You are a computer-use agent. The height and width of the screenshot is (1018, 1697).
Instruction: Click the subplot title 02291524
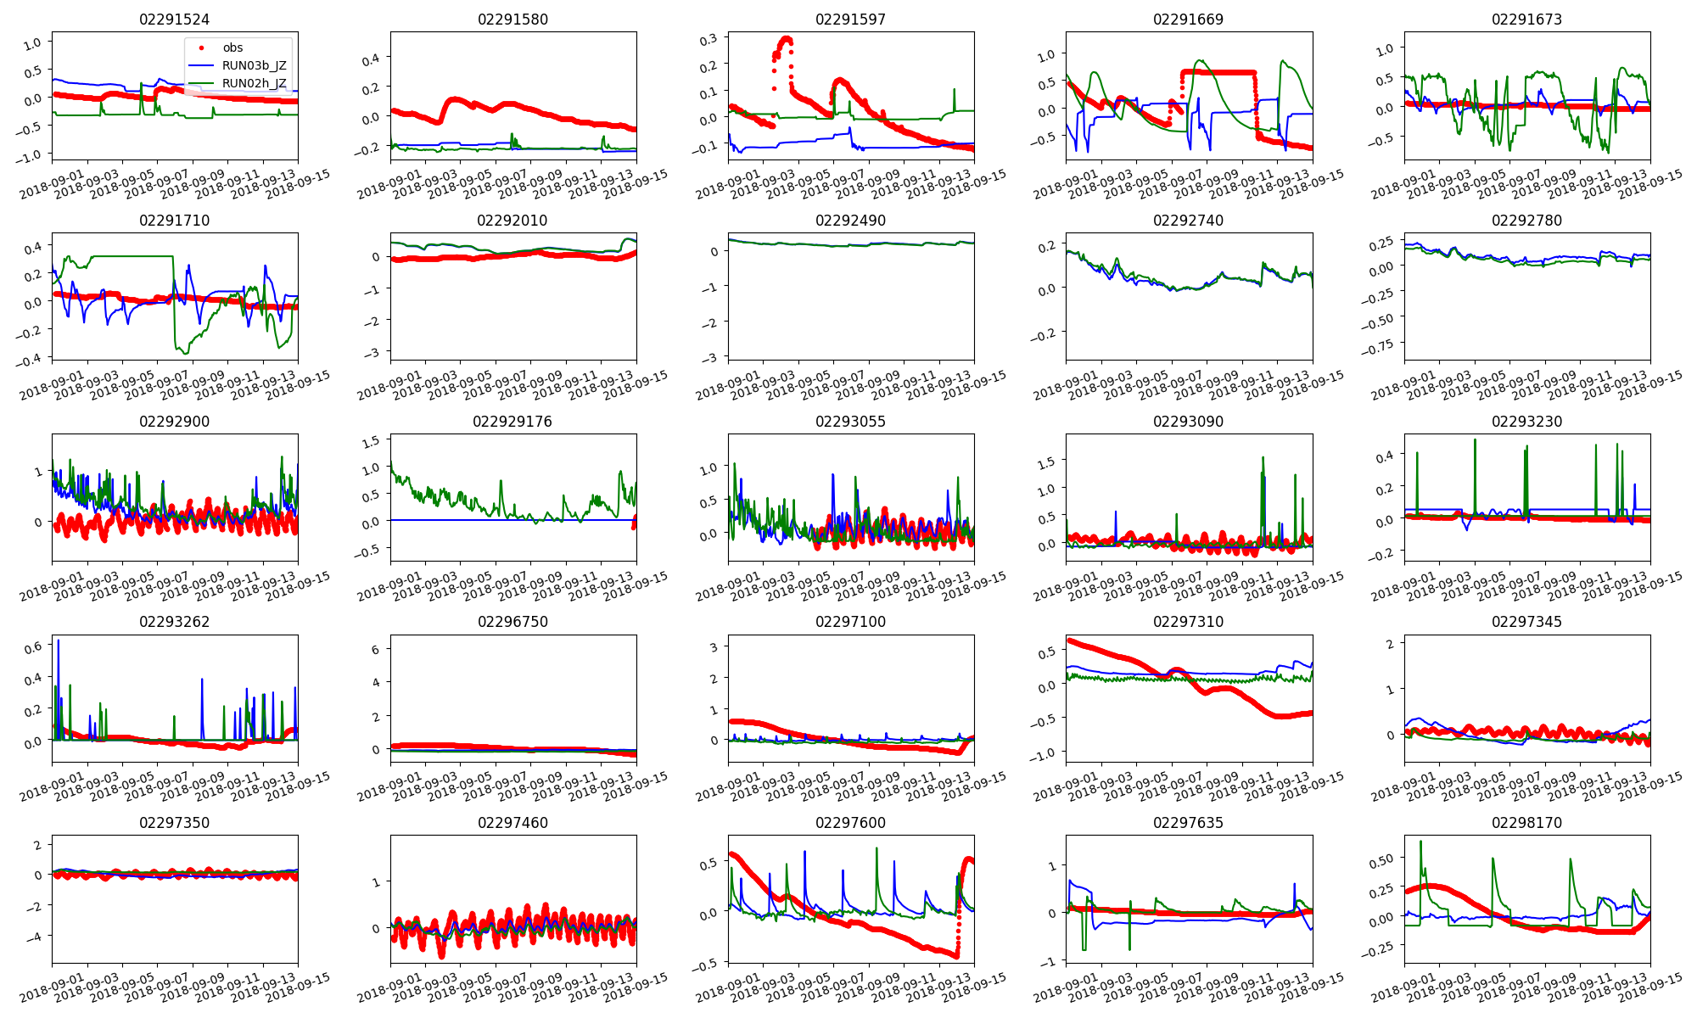pyautogui.click(x=174, y=20)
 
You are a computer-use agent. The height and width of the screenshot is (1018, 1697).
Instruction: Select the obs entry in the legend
pyautogui.click(x=232, y=48)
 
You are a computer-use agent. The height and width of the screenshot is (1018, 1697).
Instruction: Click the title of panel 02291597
pyautogui.click(x=850, y=20)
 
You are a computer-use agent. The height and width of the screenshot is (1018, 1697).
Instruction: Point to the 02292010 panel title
pyautogui.click(x=512, y=221)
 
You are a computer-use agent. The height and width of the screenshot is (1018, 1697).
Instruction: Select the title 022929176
pyautogui.click(x=512, y=422)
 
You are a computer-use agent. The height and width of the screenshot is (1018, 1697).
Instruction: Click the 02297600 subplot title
pyautogui.click(x=850, y=823)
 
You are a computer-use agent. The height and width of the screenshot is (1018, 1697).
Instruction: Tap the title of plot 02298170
pyautogui.click(x=1526, y=823)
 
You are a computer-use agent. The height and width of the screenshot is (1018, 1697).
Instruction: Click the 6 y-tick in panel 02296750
pyautogui.click(x=375, y=649)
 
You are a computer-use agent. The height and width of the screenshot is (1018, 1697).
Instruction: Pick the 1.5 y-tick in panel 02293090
pyautogui.click(x=1047, y=462)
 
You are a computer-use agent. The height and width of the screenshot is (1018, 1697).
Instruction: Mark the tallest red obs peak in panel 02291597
pyautogui.click(x=787, y=39)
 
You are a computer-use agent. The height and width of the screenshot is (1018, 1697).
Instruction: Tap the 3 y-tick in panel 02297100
pyautogui.click(x=714, y=647)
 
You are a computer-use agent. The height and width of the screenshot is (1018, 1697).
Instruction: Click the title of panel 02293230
pyautogui.click(x=1526, y=422)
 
